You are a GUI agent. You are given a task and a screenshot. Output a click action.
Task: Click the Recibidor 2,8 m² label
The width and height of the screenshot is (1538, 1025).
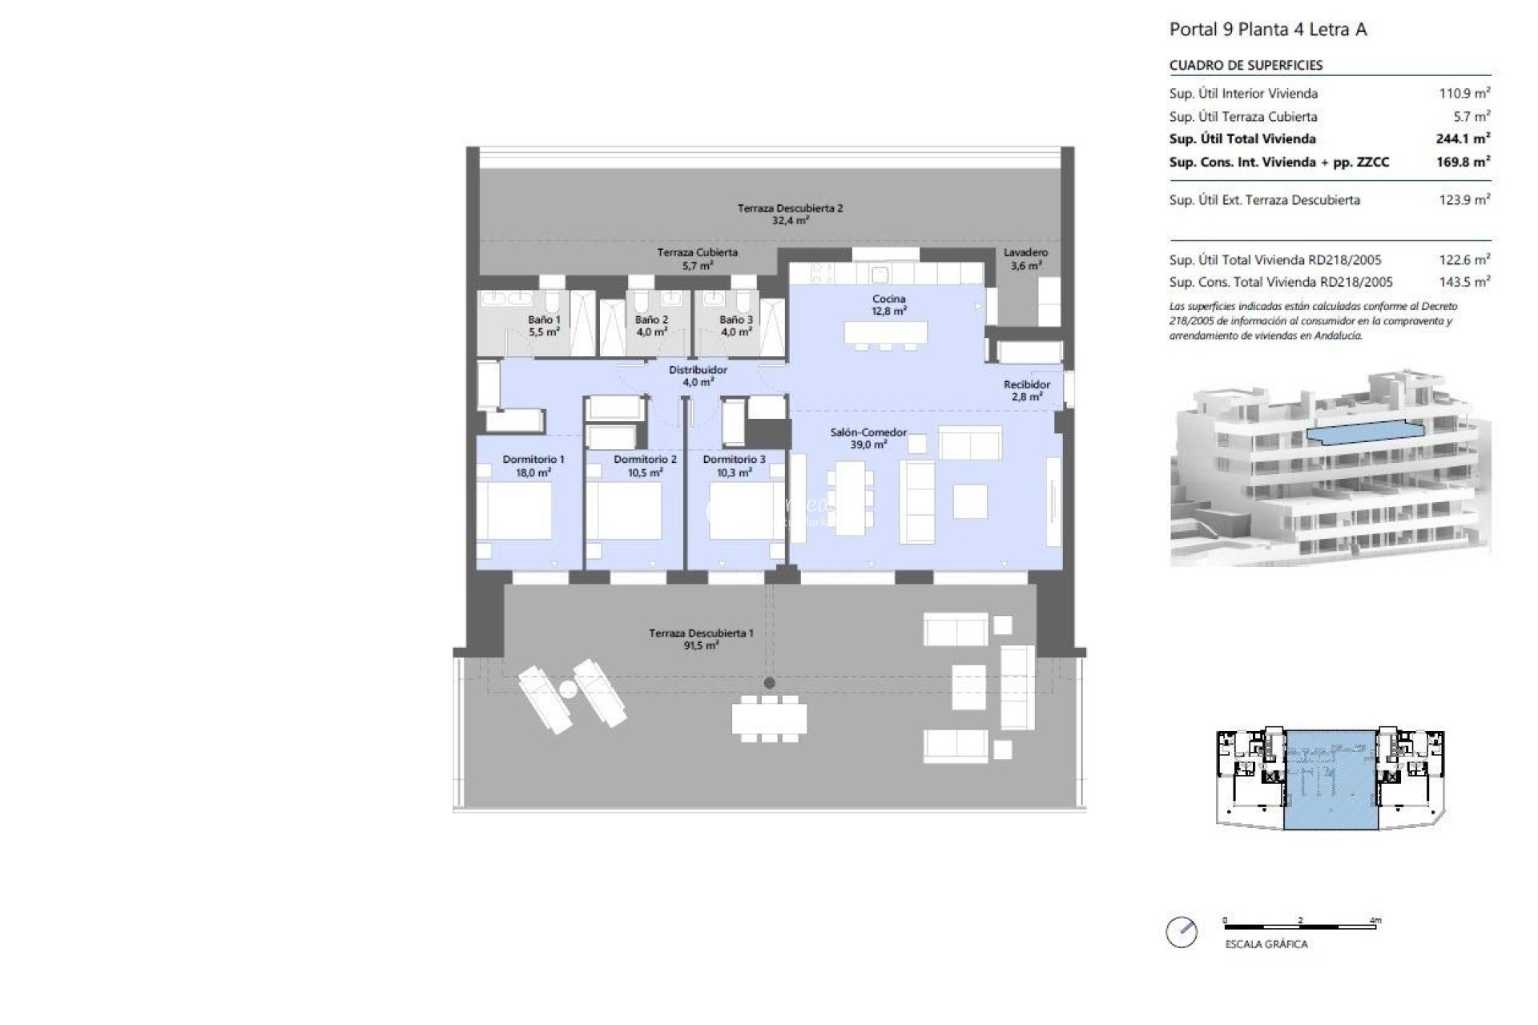click(1026, 391)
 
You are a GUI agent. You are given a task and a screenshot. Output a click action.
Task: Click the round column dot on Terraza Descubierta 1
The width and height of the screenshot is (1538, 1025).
click(769, 683)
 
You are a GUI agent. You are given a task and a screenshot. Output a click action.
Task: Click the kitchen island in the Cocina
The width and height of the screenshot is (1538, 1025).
click(885, 332)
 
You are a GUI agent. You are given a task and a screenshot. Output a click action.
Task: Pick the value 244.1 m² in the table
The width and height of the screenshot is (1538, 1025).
click(1462, 139)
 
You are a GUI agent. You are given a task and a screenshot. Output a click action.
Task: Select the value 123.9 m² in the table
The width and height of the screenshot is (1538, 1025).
click(1464, 200)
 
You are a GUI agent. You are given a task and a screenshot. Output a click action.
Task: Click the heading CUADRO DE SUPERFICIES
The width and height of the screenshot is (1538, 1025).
click(1245, 66)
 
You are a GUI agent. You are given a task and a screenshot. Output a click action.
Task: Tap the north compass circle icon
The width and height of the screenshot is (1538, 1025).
click(1182, 932)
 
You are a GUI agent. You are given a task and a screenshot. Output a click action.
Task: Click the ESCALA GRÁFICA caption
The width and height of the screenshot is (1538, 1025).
click(1266, 945)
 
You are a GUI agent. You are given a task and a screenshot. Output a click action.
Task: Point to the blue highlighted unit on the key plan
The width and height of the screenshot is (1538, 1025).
click(1331, 781)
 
